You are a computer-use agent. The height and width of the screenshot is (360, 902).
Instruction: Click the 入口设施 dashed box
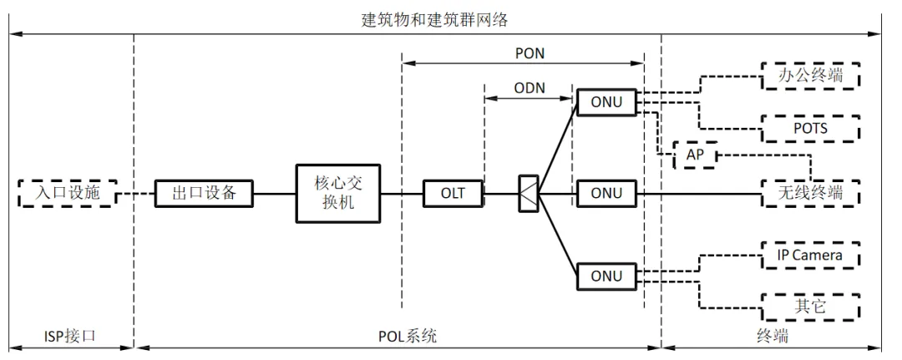click(66, 194)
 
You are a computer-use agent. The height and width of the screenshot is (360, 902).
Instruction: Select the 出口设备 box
click(204, 194)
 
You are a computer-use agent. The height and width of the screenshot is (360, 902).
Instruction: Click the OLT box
click(453, 194)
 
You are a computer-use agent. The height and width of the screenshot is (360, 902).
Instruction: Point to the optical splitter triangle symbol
click(528, 194)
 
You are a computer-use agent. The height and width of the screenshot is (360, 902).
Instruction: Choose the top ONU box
click(606, 102)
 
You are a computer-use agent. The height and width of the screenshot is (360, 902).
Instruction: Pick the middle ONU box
click(606, 194)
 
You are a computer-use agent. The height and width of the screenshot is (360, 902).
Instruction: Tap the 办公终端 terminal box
click(809, 76)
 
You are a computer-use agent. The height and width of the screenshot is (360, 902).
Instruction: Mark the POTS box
click(809, 128)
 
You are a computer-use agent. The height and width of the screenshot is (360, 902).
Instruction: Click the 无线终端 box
click(809, 194)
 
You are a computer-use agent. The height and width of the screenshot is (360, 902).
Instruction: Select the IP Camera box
click(809, 255)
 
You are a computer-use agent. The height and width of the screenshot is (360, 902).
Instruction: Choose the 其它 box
click(809, 307)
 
